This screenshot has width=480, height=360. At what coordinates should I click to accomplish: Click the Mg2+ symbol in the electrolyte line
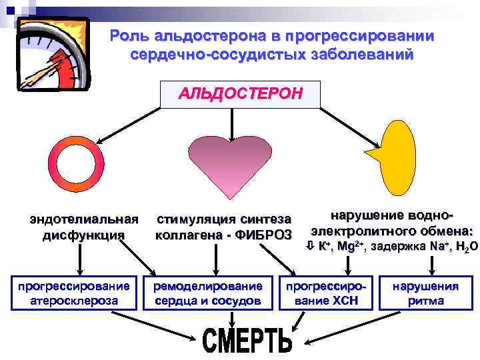coord(349,247)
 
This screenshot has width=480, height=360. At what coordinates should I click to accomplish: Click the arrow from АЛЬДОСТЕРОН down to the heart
coord(231,123)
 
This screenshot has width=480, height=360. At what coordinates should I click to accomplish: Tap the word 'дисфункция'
coord(83,235)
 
